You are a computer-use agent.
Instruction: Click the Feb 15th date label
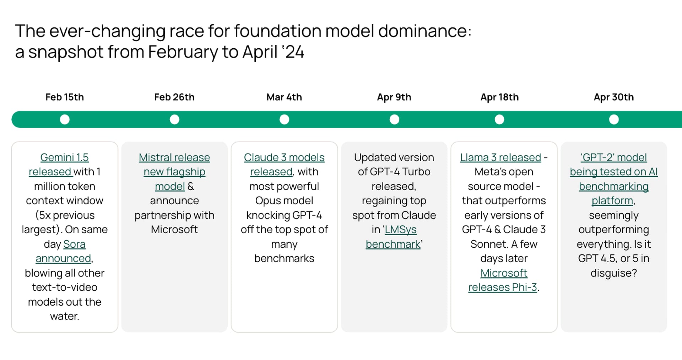pos(65,97)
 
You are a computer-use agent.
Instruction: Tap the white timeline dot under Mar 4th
pos(284,119)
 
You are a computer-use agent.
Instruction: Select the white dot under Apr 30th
pos(613,119)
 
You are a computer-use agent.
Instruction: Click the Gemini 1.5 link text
pos(64,157)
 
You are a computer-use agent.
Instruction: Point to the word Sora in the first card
pos(74,244)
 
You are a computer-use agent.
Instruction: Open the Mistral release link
pos(174,157)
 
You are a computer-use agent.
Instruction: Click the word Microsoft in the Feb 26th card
pos(174,230)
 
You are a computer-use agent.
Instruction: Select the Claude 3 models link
pos(284,157)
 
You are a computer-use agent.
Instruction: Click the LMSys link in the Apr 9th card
pos(401,230)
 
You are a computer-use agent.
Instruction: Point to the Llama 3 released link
pos(500,157)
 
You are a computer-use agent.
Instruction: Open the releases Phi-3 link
pos(502,287)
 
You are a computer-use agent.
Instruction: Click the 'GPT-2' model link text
pos(613,157)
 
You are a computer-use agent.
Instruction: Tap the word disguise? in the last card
pos(613,273)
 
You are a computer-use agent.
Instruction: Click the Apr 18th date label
pos(499,97)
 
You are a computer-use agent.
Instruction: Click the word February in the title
pos(183,52)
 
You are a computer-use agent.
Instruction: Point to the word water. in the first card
pos(65,316)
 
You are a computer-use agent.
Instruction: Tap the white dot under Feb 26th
pos(174,119)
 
